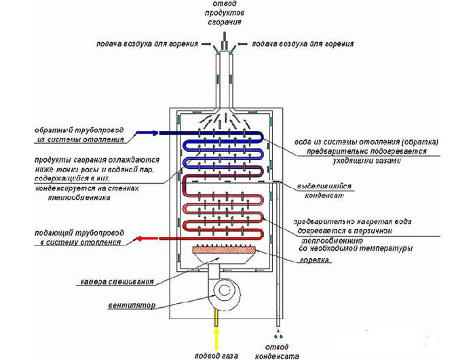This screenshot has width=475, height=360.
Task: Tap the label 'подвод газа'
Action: point(216,354)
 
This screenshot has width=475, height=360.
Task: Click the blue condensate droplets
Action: point(278,336)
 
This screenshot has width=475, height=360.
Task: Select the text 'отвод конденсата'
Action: point(279,350)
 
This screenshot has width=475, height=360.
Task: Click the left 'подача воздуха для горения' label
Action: point(147,44)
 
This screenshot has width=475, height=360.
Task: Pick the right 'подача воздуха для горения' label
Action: point(303,44)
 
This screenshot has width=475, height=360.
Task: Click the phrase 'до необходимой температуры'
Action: point(355,249)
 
